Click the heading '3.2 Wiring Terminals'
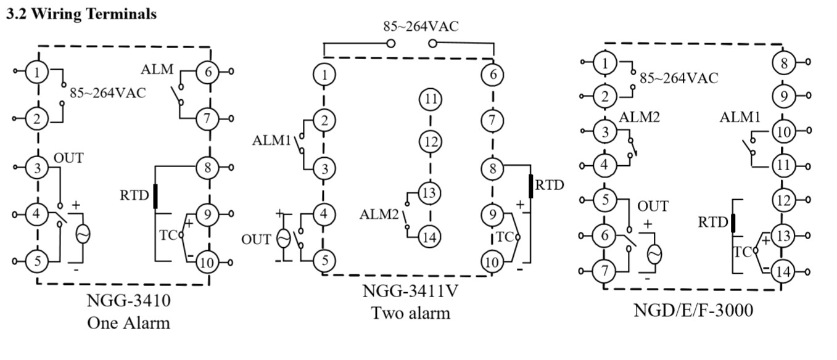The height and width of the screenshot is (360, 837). tap(81, 14)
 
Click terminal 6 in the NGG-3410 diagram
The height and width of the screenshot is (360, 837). tap(208, 72)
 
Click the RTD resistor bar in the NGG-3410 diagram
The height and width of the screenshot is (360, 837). tap(155, 195)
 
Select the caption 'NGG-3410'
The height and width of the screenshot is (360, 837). tap(128, 302)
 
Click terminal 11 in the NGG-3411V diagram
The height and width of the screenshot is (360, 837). tap(431, 99)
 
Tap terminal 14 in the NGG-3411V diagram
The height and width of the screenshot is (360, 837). tap(431, 236)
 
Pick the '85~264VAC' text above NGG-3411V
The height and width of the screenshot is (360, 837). tap(421, 27)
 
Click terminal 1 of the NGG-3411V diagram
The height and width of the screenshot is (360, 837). tap(324, 75)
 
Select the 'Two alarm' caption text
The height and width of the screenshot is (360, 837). tap(410, 313)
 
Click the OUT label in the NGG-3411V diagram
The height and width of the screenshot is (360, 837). tap(256, 239)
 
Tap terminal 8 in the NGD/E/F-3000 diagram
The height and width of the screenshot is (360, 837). tap(784, 63)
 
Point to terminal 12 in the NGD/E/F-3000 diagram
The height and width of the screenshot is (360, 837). tap(784, 200)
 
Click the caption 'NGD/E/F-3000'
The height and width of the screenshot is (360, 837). tap(693, 310)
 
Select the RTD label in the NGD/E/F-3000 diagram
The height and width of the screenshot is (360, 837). tap(713, 222)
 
